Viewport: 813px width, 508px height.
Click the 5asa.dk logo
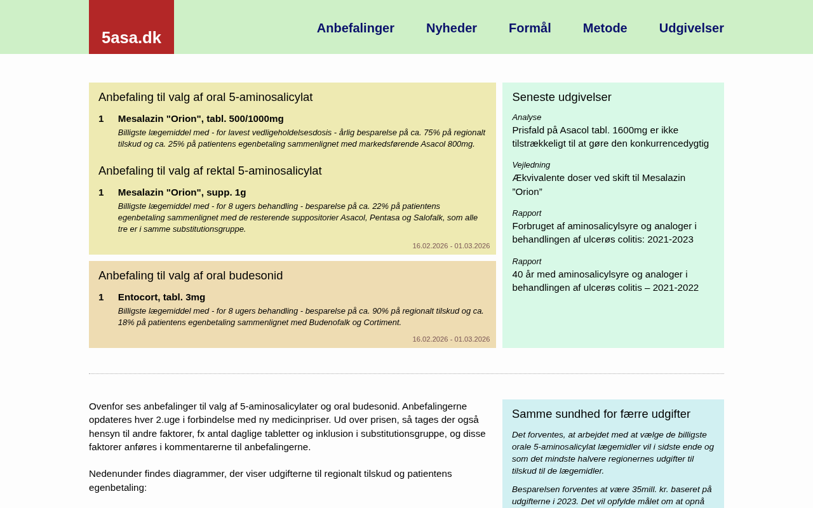coord(131,37)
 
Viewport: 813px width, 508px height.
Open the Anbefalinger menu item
coord(355,28)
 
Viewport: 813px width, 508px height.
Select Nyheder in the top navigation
coord(451,28)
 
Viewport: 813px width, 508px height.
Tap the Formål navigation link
coord(530,28)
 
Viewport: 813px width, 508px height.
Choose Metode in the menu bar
coord(605,28)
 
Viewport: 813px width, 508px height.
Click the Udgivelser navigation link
coord(691,28)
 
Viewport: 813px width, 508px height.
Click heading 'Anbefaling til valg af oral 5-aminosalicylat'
coord(205,97)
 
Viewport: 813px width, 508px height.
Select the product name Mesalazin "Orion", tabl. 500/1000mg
coord(201,119)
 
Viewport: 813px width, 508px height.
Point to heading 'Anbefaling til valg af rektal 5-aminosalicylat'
coord(210,171)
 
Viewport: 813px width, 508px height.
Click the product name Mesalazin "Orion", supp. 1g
coord(182,192)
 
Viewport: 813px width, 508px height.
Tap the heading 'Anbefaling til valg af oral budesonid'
coord(191,276)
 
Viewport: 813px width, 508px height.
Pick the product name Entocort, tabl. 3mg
coord(161,297)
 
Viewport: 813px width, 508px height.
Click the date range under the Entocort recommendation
coord(451,339)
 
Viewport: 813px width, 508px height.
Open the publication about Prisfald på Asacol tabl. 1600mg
coord(610,137)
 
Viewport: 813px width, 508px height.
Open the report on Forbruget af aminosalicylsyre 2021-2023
coord(603,232)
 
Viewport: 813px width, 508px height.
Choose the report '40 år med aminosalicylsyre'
coord(605,281)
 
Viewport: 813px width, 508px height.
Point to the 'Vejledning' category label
coord(531,165)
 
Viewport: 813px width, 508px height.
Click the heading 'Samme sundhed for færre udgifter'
coord(601,414)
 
